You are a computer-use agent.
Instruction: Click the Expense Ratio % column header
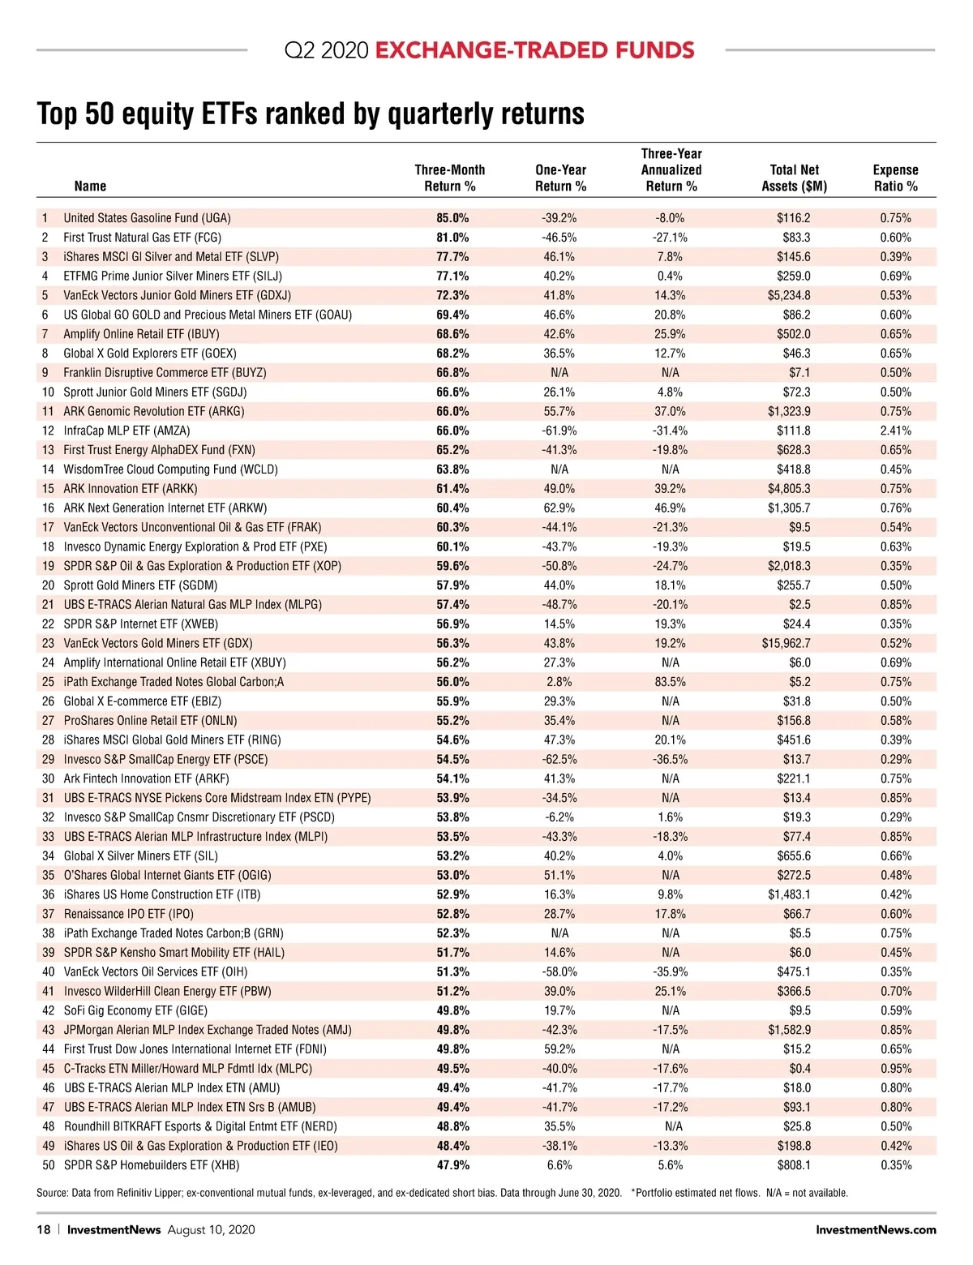(x=895, y=178)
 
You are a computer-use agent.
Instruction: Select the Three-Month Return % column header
(x=449, y=178)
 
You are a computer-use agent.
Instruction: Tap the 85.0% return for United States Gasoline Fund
(x=452, y=218)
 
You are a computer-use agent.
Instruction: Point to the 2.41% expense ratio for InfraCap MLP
(x=895, y=431)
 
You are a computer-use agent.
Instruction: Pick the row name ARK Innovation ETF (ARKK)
(x=131, y=489)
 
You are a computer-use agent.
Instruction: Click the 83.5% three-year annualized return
(x=670, y=682)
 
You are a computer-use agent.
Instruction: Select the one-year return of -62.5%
(x=559, y=759)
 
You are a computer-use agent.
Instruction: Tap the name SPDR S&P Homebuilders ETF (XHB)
(x=152, y=1165)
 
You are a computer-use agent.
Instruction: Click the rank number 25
(x=48, y=682)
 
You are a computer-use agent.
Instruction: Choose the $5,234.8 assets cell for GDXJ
(x=788, y=295)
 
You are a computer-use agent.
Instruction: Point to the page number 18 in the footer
(x=43, y=1229)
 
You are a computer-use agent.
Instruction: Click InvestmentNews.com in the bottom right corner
(x=876, y=1229)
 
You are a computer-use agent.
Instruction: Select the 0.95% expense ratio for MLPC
(x=895, y=1069)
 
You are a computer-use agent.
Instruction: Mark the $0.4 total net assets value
(x=799, y=1069)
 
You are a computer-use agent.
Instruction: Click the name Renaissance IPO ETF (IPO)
(x=129, y=914)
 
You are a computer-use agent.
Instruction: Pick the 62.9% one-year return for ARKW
(x=559, y=508)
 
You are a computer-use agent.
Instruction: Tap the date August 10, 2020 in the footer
(x=211, y=1229)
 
